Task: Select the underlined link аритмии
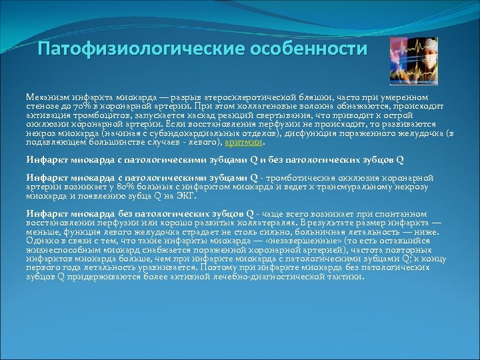click(x=244, y=142)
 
